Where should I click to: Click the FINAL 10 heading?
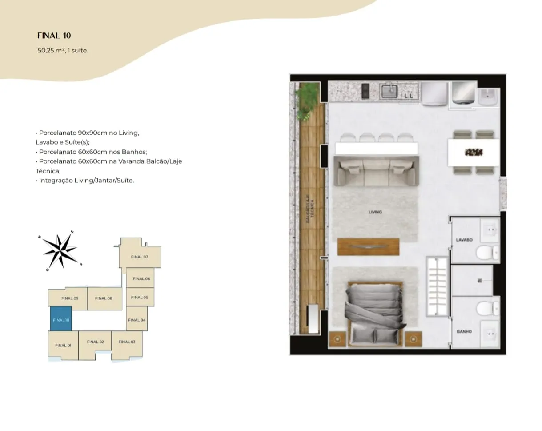click(x=54, y=36)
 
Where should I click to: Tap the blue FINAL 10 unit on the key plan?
click(x=61, y=318)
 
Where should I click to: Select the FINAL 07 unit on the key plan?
click(x=140, y=254)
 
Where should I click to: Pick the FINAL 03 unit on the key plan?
click(x=127, y=345)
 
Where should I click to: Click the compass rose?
click(x=60, y=251)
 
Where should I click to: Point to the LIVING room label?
click(x=375, y=212)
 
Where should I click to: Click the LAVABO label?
click(x=464, y=240)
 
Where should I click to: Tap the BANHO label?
click(x=464, y=331)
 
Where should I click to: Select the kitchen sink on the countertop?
click(x=389, y=91)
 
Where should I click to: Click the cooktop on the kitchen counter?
click(x=365, y=91)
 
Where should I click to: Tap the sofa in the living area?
click(x=376, y=171)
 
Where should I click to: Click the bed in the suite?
click(x=375, y=314)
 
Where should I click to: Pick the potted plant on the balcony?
click(x=306, y=101)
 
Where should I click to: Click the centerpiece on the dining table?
click(x=474, y=152)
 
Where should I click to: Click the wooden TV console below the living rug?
click(x=368, y=246)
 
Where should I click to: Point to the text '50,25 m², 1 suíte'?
click(x=62, y=50)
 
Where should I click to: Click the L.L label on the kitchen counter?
click(x=409, y=96)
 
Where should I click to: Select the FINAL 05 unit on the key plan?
click(x=140, y=297)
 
